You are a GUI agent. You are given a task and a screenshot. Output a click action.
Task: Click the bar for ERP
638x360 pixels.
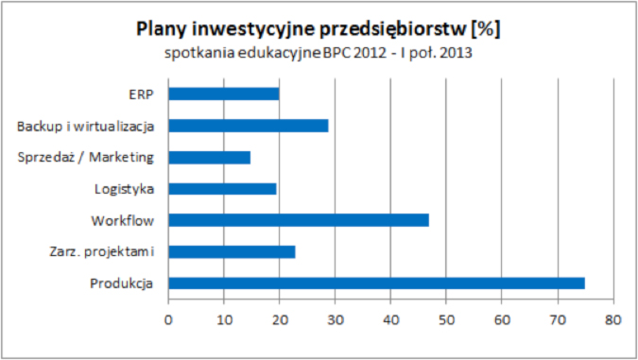[223, 94]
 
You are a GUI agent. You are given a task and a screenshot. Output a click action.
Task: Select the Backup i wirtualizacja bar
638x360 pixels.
[248, 126]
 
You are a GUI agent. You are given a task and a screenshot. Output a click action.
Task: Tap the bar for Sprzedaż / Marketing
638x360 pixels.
[209, 157]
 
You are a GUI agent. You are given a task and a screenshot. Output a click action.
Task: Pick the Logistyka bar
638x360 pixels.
[222, 188]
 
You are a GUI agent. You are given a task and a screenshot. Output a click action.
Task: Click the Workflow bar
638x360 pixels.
[298, 220]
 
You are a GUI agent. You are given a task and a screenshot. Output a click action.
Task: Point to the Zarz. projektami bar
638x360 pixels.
[232, 251]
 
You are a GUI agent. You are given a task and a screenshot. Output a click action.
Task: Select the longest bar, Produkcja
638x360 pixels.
[376, 283]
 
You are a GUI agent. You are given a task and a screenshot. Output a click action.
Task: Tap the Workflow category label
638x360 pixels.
[122, 220]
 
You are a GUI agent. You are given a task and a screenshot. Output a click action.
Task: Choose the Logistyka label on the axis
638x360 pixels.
[125, 188]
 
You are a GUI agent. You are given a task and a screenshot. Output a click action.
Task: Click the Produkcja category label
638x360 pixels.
[122, 283]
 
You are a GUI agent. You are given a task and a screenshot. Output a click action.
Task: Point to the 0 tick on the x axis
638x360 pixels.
[168, 318]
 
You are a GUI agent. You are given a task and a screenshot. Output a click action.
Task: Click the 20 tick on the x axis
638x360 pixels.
[280, 318]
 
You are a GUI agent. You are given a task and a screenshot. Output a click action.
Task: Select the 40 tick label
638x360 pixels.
[391, 318]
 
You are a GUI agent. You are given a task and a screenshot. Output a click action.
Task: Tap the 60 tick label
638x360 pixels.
[503, 318]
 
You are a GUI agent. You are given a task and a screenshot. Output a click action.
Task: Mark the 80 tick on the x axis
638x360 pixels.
[614, 318]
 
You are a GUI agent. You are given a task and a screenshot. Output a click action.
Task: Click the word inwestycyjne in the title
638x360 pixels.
[250, 29]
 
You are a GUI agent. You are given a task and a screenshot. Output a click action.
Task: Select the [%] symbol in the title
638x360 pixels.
[483, 29]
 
